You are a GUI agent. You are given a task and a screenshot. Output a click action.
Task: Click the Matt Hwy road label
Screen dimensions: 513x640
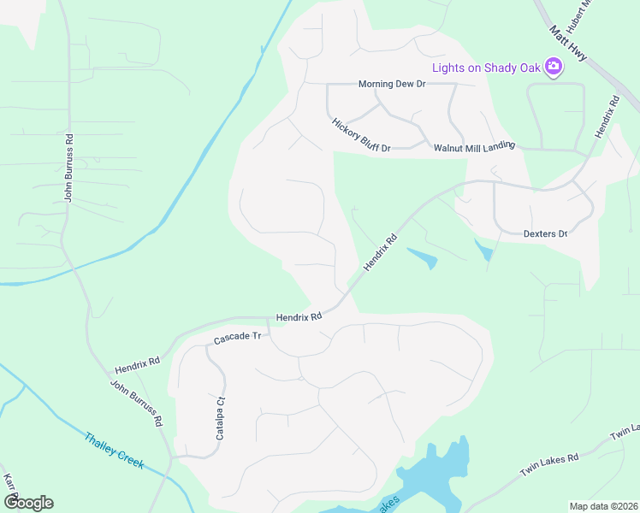tap(569, 43)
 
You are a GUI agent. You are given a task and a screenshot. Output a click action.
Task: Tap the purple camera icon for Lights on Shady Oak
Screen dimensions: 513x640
tap(554, 66)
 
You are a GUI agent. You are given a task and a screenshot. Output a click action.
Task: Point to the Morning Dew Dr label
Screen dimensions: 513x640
tap(391, 84)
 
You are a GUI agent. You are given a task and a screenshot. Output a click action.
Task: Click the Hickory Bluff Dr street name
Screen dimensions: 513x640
tap(361, 135)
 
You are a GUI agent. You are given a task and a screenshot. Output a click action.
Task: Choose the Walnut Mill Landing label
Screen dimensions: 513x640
tap(474, 147)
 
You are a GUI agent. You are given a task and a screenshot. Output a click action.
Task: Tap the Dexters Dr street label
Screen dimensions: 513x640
tap(545, 233)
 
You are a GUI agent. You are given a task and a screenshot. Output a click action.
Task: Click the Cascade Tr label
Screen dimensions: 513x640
tap(237, 339)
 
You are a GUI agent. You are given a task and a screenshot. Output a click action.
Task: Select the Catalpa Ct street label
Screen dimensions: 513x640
tap(220, 418)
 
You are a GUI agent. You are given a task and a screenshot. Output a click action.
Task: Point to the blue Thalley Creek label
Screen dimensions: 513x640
tap(114, 451)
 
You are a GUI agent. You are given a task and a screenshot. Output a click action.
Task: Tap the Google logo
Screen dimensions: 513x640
tap(28, 503)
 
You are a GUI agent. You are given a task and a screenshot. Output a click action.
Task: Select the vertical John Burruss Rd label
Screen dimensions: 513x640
tap(68, 168)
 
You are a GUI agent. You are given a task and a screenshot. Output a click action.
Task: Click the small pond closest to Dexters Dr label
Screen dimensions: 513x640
tap(485, 251)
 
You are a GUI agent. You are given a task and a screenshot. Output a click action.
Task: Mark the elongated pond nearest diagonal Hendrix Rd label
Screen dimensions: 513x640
tap(423, 257)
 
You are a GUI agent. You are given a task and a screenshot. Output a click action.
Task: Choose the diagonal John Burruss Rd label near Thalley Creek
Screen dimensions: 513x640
tap(136, 404)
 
